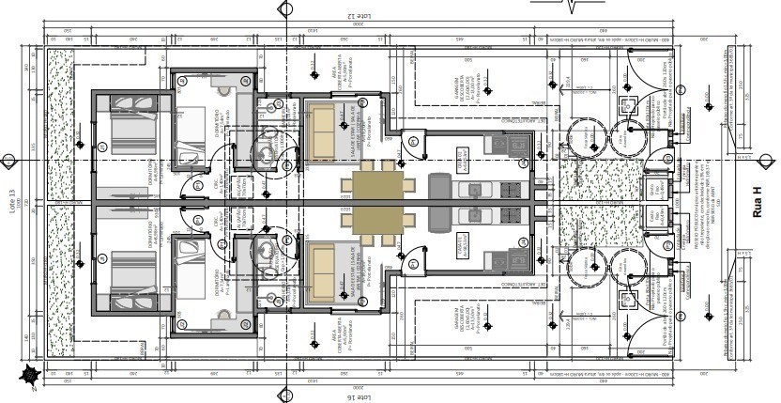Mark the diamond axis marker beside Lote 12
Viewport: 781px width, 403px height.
pyautogui.click(x=284, y=8)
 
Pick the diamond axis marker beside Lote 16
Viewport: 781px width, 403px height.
pyautogui.click(x=284, y=395)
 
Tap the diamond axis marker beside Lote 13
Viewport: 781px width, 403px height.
pyautogui.click(x=8, y=160)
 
